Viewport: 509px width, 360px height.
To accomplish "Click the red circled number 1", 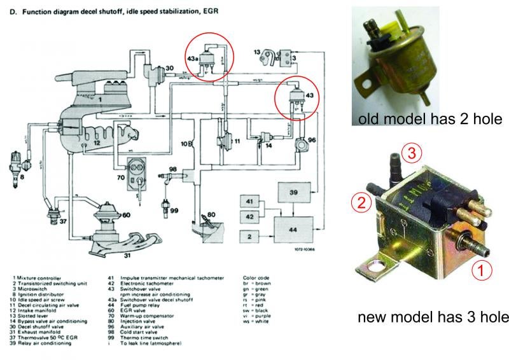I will click(x=482, y=271).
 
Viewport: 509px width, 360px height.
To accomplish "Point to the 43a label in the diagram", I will click(x=193, y=60).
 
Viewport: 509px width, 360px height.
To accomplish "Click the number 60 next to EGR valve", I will click(x=127, y=214).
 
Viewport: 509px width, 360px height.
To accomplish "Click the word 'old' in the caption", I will click(x=370, y=120).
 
